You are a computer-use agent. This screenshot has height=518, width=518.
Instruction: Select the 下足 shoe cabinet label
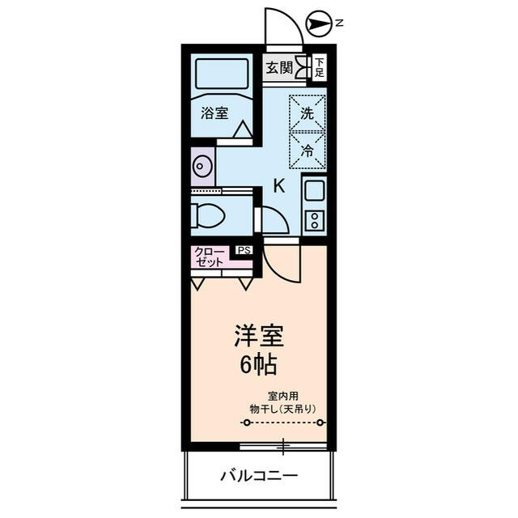coord(320,67)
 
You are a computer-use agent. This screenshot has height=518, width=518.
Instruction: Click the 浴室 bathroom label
coord(214,113)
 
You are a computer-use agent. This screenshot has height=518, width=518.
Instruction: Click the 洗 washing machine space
coord(308,113)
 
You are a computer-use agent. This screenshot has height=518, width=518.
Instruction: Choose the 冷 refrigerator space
coord(308,150)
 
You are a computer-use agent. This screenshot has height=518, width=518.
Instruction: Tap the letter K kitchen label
coord(278,185)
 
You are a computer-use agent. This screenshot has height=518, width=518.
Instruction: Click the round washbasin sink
coord(202,168)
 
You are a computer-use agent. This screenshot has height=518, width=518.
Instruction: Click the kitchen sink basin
coord(313,191)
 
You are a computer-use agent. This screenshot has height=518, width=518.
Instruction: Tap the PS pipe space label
coord(244,250)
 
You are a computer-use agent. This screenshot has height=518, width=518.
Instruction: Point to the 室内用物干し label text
coord(282,402)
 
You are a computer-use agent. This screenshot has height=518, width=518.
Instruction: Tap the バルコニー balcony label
coord(259,475)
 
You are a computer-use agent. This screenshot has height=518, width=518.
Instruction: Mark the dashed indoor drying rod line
coord(283,423)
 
